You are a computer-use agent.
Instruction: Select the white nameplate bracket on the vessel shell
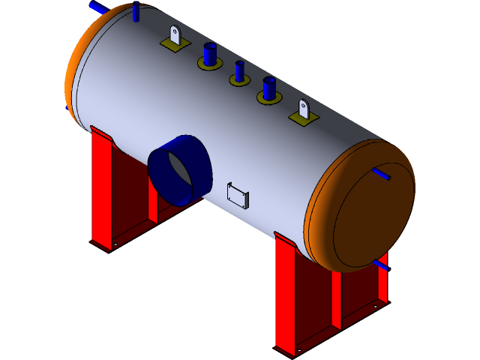238,194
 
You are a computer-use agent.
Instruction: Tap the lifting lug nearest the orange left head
175,36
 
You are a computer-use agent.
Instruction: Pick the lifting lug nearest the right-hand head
303,109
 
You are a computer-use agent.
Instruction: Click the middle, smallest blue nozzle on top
239,71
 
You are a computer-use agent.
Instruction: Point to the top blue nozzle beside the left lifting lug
209,54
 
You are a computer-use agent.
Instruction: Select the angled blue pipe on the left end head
98,7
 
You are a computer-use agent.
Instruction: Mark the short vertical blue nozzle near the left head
136,13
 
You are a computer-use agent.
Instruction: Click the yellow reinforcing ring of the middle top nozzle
239,79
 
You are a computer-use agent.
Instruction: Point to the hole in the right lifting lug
303,105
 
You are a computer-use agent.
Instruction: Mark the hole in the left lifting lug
175,32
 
